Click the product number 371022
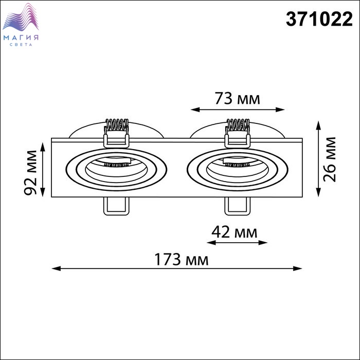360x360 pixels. (x=319, y=20)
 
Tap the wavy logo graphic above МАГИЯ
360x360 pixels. (x=21, y=17)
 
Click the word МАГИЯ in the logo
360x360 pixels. (x=21, y=38)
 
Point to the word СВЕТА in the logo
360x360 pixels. (x=21, y=45)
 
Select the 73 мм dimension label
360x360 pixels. (x=238, y=99)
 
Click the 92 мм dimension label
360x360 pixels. (x=30, y=172)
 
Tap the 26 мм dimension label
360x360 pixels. (x=330, y=159)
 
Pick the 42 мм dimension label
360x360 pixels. (x=234, y=232)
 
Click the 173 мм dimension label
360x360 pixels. (x=182, y=259)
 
